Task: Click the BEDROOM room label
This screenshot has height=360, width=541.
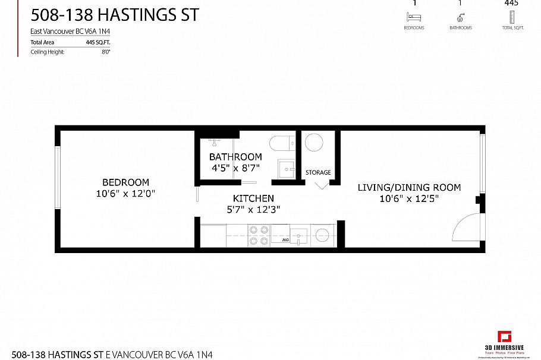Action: click(x=125, y=182)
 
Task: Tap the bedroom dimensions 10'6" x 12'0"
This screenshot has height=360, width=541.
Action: click(x=125, y=193)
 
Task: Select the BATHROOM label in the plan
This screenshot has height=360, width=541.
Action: click(x=235, y=157)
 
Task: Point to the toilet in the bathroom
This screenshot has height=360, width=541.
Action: click(x=280, y=143)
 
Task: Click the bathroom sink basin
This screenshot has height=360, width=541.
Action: click(x=287, y=169)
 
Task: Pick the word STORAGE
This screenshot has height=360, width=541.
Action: click(x=318, y=173)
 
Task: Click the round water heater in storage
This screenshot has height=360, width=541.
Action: click(x=313, y=143)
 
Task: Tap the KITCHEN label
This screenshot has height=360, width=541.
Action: click(x=253, y=198)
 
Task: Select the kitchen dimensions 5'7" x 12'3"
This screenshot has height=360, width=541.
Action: click(x=253, y=209)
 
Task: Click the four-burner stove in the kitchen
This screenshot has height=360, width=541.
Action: click(x=259, y=235)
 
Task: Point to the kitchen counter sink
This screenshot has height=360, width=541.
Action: click(x=299, y=235)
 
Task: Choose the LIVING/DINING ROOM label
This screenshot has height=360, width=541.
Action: click(x=409, y=188)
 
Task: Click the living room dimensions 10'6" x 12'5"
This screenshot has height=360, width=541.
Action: click(x=409, y=198)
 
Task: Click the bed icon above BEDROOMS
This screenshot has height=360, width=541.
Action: click(x=414, y=17)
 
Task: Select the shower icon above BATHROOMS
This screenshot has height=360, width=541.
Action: click(x=460, y=17)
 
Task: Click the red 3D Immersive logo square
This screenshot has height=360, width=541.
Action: click(x=505, y=336)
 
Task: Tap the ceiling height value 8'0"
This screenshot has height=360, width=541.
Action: click(x=106, y=52)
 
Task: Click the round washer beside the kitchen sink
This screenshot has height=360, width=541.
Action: click(x=323, y=235)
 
